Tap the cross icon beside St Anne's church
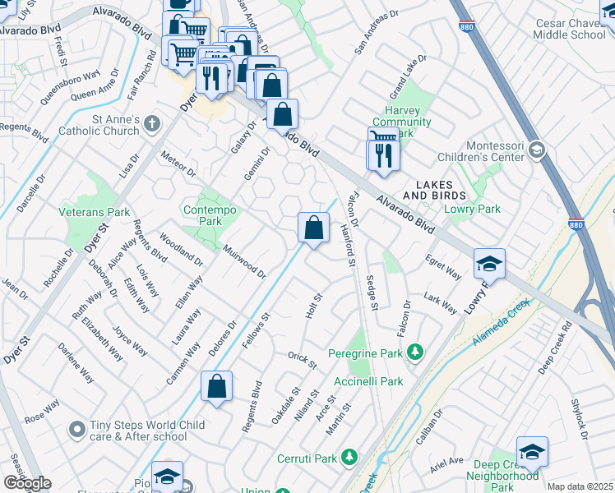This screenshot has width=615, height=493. (x=150, y=125)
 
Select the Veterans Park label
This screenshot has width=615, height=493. (x=95, y=212)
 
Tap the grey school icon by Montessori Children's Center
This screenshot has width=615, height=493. (x=537, y=149)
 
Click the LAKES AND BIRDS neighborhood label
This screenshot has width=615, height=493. (x=435, y=190)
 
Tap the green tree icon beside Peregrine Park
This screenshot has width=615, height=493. (x=415, y=352)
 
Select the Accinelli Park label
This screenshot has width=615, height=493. (x=368, y=381)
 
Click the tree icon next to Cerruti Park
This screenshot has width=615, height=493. (x=350, y=456)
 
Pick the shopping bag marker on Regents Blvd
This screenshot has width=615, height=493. (x=216, y=387)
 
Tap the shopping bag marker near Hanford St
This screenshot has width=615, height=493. (x=313, y=228)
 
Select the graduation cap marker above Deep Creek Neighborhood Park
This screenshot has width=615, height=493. (x=532, y=451)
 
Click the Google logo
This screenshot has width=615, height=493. (x=27, y=483)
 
